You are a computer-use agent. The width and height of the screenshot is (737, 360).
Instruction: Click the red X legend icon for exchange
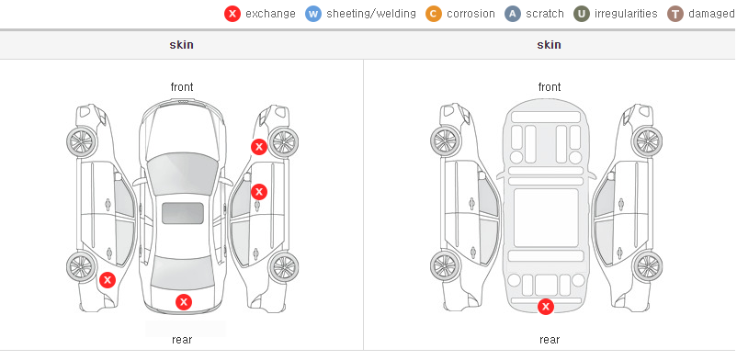pos(232,14)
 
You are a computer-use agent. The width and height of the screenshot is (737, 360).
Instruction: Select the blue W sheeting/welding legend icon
pos(313,14)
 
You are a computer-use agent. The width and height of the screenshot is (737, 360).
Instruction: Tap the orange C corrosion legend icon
pos(434,14)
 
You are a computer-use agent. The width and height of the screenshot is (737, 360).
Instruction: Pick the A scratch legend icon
pos(513,14)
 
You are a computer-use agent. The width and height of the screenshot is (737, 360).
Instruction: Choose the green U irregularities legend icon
pos(582,14)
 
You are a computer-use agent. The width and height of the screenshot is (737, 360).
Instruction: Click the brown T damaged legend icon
pos(675,14)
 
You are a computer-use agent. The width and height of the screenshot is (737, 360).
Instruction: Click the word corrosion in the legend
pos(471,14)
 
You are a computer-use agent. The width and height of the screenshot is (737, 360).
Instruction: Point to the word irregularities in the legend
pos(626,14)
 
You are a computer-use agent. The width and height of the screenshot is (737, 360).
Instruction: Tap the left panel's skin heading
pos(181,45)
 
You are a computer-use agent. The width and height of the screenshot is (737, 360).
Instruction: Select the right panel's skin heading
pos(549,45)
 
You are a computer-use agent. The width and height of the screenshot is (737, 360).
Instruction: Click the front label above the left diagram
pos(182,87)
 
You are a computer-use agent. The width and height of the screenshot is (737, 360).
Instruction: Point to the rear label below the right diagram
pos(550,340)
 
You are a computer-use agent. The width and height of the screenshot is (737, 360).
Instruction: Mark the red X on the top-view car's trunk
pos(184,302)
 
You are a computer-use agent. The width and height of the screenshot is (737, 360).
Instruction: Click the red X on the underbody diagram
pos(546,307)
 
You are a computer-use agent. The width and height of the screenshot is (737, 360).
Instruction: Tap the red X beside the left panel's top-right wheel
pos(259,147)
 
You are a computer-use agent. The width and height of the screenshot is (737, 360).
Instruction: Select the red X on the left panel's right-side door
pos(259,192)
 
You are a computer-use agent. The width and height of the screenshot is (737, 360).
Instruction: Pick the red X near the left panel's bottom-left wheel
pos(108,281)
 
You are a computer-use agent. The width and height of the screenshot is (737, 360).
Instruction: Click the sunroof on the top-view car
pos(183,213)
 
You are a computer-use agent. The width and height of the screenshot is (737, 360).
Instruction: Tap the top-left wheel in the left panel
pos(82,141)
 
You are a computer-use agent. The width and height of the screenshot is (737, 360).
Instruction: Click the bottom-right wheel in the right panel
pos(647,267)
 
